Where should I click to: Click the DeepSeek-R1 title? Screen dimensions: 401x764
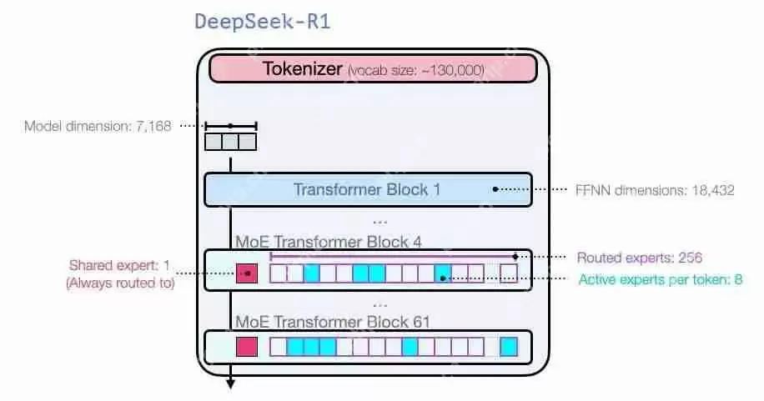263,22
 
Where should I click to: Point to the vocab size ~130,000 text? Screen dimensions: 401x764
416,71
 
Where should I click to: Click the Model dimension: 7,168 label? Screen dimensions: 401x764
98,127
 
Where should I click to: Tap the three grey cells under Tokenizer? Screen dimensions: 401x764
230,142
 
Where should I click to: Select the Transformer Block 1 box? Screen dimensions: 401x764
367,189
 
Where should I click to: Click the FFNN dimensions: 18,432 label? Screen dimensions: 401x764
656,190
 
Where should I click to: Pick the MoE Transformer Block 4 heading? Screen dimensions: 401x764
329,242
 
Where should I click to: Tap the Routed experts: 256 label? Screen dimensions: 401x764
645,258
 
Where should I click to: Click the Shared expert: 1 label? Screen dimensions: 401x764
119,266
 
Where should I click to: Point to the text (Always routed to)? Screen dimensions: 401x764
119,283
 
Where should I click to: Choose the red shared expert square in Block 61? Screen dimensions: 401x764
247,346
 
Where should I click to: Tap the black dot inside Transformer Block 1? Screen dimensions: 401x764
495,189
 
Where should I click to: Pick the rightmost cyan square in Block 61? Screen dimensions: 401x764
509,346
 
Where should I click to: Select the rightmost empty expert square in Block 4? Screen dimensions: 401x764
509,273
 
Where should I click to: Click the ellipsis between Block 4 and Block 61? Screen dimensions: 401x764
379,304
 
